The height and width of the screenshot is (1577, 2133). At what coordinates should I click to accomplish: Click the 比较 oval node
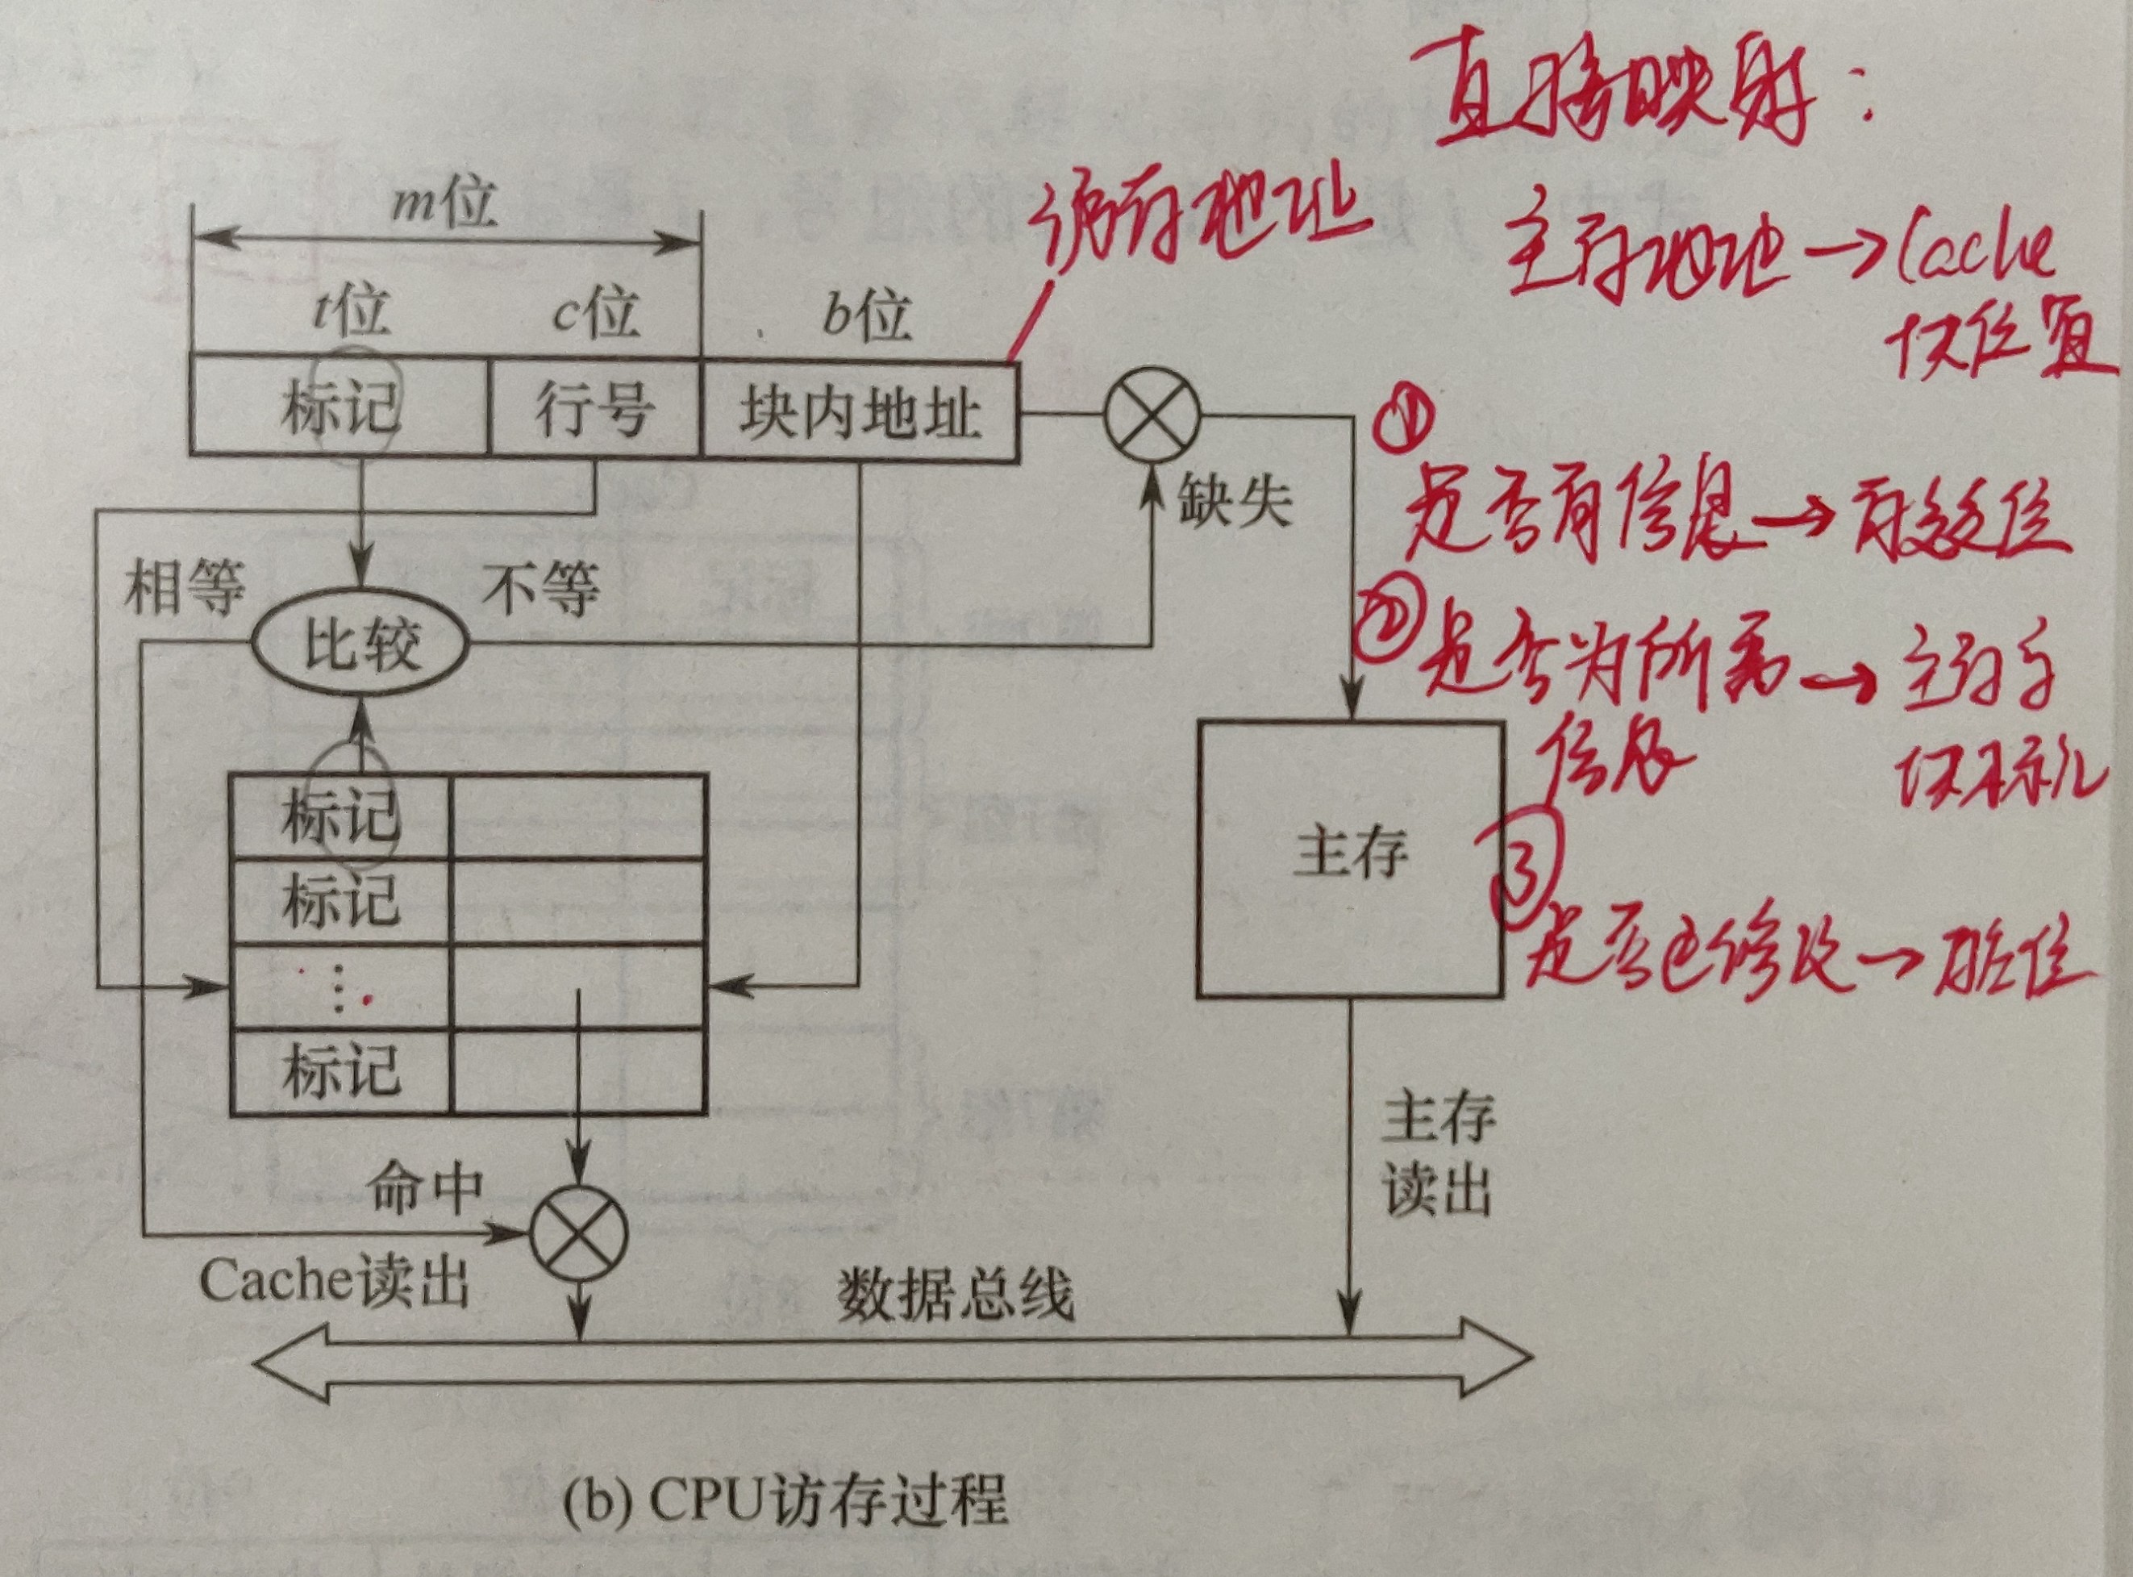(x=360, y=646)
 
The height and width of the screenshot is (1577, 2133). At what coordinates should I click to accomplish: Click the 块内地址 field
(x=859, y=412)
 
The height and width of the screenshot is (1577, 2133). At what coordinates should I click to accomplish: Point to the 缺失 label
(x=1234, y=500)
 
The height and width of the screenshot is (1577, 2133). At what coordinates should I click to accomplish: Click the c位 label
(x=594, y=312)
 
